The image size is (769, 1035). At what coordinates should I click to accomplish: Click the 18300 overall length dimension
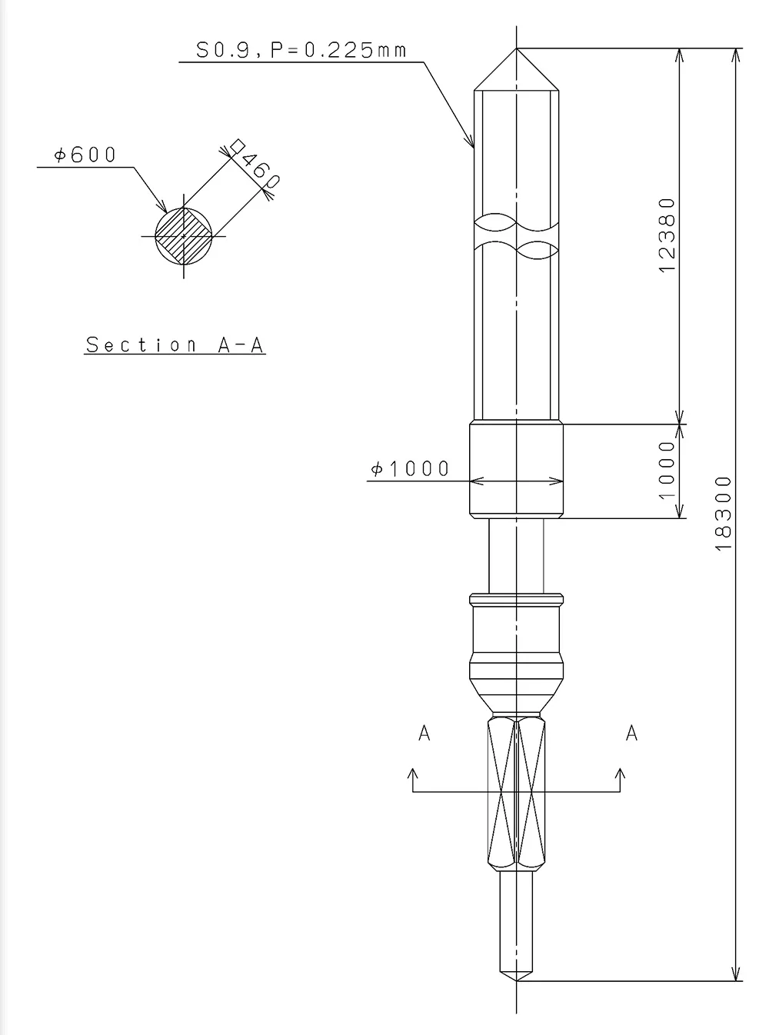[x=724, y=513]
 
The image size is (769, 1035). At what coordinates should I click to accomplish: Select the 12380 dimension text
[x=667, y=235]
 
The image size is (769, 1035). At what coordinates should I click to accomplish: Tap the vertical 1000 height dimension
[x=667, y=469]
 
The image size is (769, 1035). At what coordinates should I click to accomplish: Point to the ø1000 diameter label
[x=410, y=469]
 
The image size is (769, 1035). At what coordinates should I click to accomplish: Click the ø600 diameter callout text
[x=85, y=155]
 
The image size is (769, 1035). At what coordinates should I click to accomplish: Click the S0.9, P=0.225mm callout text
[x=300, y=51]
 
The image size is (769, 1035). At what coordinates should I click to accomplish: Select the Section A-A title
[x=175, y=344]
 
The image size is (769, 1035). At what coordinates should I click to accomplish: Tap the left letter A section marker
[x=424, y=734]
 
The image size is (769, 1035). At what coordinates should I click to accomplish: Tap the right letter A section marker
[x=631, y=734]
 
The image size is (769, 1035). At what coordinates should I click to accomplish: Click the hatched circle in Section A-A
[x=184, y=235]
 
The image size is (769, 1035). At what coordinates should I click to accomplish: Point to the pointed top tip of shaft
[x=516, y=52]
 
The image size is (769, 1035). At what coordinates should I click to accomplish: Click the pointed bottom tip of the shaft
[x=516, y=979]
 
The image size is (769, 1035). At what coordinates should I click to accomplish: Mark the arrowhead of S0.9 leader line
[x=471, y=142]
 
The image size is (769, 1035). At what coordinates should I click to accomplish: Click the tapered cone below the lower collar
[x=516, y=696]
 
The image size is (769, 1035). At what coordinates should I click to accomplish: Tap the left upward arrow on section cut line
[x=413, y=772]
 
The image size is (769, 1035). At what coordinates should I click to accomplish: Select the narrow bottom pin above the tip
[x=516, y=919]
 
